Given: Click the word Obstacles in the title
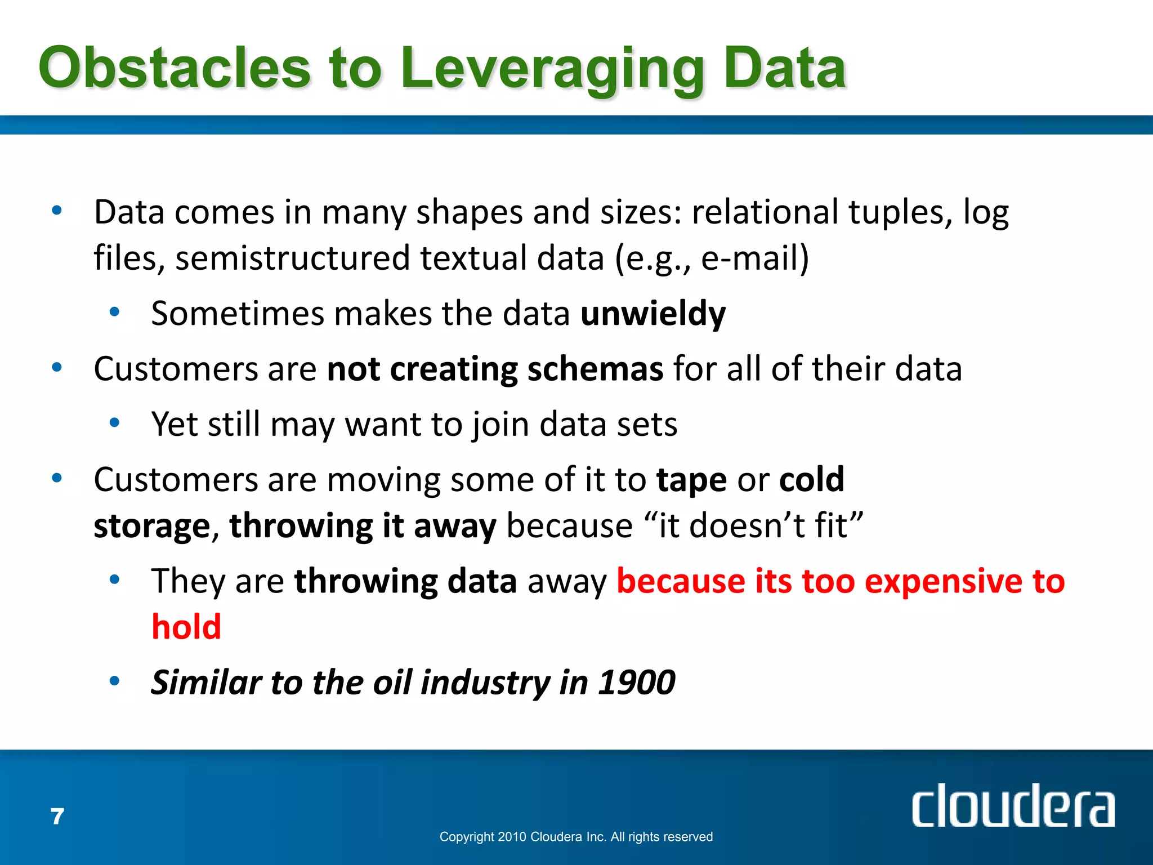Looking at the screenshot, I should pos(175,69).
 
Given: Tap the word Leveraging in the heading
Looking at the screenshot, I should pos(552,70).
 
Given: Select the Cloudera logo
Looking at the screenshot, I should pos(1012,806).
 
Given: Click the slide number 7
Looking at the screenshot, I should pos(57,817).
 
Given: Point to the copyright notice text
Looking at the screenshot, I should pos(576,837).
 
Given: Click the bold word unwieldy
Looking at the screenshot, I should pos(653,314).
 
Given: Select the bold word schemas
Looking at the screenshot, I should pos(595,369).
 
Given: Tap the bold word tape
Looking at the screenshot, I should pos(691,480).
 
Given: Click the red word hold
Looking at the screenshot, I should pos(186,627).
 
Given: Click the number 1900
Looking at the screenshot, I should pos(636,683).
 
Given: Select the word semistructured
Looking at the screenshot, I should pos(293,258).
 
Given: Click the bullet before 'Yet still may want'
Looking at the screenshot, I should pos(115,422).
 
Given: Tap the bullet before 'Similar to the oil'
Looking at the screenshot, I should pos(115,681).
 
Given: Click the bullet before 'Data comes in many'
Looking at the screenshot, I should pos(57,211).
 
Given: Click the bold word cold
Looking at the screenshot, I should pos(811,479).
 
